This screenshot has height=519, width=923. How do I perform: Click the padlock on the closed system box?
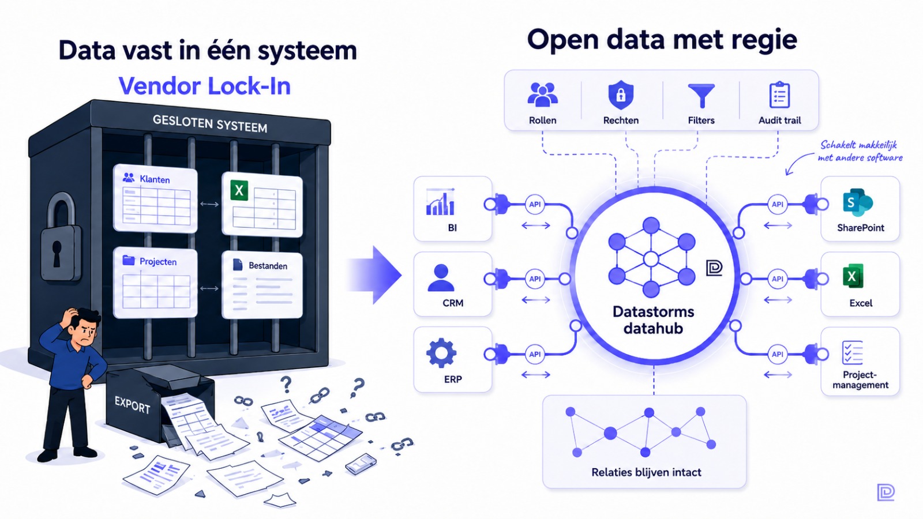(x=60, y=238)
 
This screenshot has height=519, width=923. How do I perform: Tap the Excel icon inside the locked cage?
(x=239, y=190)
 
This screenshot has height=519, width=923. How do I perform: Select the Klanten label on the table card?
(x=155, y=179)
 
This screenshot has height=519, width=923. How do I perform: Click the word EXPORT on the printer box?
(x=132, y=404)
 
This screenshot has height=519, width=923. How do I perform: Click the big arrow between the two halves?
(x=374, y=274)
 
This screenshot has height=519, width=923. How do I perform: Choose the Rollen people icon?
(x=543, y=94)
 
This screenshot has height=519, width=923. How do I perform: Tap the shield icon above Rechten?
(x=621, y=95)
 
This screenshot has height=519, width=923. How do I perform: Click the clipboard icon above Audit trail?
(x=779, y=95)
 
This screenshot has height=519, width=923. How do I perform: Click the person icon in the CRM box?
(x=441, y=277)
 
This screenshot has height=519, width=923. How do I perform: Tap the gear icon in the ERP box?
(x=441, y=353)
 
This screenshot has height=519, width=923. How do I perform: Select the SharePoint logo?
(x=857, y=202)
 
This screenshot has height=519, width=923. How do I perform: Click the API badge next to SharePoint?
(x=778, y=204)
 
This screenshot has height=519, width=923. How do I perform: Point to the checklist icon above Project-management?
(x=852, y=352)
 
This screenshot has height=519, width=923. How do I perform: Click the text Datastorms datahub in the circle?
(x=653, y=320)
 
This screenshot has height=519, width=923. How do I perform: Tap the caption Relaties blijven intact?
(x=646, y=472)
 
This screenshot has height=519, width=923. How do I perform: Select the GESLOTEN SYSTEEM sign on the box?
(x=210, y=123)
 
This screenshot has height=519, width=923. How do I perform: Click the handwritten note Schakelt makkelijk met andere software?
(x=860, y=151)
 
